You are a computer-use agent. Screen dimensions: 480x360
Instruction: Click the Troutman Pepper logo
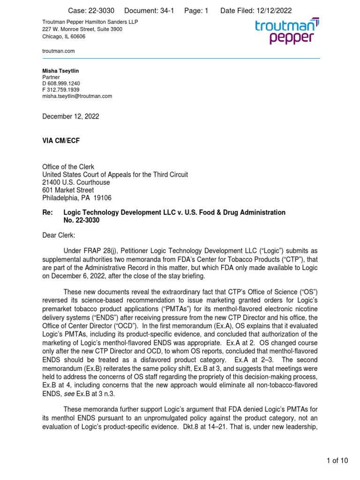(x=287, y=31)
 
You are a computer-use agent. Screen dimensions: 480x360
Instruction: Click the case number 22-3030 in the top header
(x=97, y=11)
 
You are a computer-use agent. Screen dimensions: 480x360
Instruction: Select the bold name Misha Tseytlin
(x=61, y=71)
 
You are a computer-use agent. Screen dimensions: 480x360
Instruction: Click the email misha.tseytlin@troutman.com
(x=77, y=96)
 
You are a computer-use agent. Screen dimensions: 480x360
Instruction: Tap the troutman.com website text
(x=58, y=51)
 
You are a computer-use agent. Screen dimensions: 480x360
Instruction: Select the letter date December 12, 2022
(x=71, y=117)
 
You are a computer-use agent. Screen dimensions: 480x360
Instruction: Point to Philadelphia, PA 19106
(x=77, y=198)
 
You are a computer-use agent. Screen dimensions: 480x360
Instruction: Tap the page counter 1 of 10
(x=337, y=461)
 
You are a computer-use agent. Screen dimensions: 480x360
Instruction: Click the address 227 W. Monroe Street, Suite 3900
(x=82, y=29)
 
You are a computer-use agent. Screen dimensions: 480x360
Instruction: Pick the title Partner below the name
(x=52, y=77)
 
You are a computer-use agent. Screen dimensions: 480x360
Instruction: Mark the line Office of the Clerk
(x=68, y=167)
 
